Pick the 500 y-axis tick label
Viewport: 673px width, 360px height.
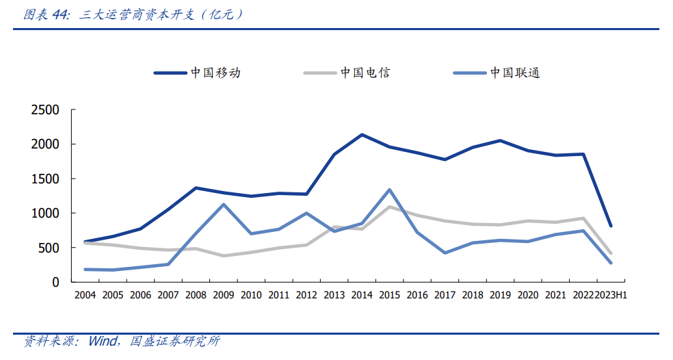[51, 248]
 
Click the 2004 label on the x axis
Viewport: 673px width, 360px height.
[85, 296]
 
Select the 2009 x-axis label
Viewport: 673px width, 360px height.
[223, 296]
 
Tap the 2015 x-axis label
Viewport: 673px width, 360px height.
[389, 296]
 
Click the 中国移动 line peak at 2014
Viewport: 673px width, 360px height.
[362, 135]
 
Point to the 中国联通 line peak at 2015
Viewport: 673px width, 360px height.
[389, 190]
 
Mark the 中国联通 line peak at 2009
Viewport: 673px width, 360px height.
[223, 205]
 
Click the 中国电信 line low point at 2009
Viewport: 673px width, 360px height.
[223, 256]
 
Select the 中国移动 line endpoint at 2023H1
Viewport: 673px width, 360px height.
[610, 226]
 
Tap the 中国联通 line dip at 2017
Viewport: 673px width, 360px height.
[445, 253]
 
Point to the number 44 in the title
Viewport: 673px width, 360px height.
[60, 14]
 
